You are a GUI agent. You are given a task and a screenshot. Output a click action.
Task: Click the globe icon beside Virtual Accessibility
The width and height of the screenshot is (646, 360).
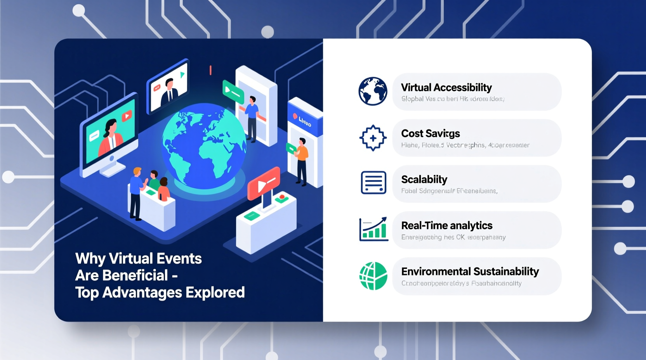[373, 91]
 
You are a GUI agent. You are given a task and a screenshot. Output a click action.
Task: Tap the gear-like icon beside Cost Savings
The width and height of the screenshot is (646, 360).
[373, 138]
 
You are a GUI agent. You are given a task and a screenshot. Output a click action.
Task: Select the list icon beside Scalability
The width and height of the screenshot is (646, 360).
[373, 182]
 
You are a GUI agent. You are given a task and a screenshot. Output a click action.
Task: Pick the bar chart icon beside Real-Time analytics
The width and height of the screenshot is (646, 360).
[373, 229]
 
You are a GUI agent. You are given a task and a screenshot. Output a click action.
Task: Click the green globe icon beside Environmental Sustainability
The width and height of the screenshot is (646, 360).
[373, 276]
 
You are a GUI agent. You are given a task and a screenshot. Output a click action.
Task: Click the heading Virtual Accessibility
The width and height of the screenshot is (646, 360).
[446, 88]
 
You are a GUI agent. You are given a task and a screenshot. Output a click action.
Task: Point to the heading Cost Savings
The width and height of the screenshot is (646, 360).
[430, 133]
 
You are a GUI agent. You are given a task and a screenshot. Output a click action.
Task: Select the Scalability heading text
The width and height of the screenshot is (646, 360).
[424, 180]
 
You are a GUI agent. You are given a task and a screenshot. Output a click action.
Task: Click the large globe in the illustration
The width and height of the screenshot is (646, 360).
[203, 145]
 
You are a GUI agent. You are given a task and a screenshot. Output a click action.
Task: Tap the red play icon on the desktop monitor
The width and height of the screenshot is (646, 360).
[127, 116]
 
